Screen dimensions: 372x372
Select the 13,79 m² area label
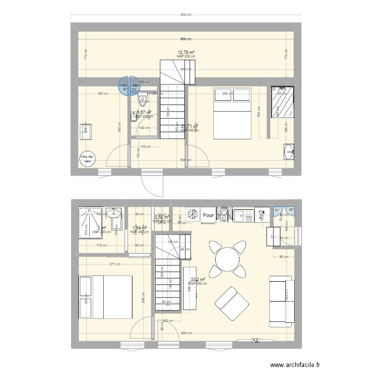coord(186,52)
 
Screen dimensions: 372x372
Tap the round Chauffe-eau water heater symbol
coord(88,158)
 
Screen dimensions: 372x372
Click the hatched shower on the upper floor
coord(282,103)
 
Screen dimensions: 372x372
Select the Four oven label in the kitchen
coord(208,215)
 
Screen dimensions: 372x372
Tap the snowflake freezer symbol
coord(191,214)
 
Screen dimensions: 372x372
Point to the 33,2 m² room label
coord(198,280)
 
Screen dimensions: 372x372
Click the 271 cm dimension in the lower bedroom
coord(115,264)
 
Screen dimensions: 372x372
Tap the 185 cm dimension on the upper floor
coord(101,93)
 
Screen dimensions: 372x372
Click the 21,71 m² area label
coord(189,127)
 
